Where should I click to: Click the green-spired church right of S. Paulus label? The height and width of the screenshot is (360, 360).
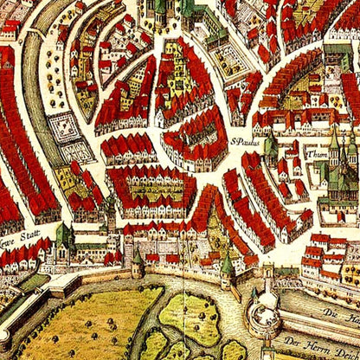[x=271, y=147]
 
